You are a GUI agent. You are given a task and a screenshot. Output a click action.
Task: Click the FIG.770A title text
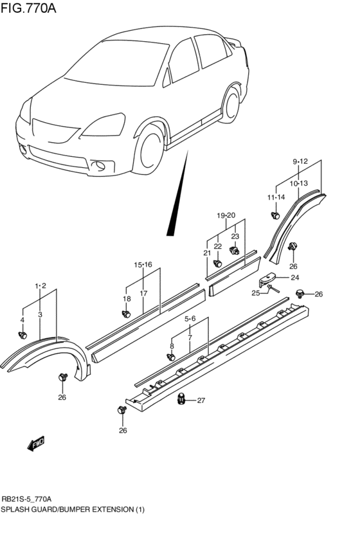click(27, 9)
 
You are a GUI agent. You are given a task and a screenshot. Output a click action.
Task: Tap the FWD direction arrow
click(36, 444)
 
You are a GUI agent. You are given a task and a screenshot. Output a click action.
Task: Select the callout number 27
click(201, 401)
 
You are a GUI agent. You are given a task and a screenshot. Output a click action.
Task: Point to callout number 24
click(294, 278)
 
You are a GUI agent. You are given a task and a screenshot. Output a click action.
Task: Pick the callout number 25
click(256, 293)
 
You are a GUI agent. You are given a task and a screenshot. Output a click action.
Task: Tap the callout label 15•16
click(143, 265)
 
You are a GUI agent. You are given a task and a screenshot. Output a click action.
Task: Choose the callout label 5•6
click(190, 319)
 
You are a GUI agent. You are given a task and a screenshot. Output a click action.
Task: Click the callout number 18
click(127, 299)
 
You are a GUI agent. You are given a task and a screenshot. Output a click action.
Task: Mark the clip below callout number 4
click(23, 334)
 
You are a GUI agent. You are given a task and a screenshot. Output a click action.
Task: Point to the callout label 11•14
click(276, 197)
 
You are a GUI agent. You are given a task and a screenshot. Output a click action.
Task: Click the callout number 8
click(172, 346)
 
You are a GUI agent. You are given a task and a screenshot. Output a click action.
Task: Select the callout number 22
click(217, 246)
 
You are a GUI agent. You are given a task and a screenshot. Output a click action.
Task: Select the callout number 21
click(207, 253)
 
